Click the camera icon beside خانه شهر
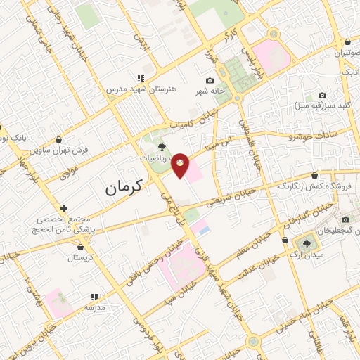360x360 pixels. click(x=210, y=81)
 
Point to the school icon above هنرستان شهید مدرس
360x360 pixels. click(x=141, y=78)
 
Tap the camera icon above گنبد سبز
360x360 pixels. click(x=322, y=95)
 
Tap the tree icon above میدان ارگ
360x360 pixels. click(x=307, y=242)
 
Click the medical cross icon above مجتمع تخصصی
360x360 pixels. click(x=63, y=209)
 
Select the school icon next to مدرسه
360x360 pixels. click(x=94, y=297)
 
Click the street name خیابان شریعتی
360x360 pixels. click(x=225, y=194)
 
